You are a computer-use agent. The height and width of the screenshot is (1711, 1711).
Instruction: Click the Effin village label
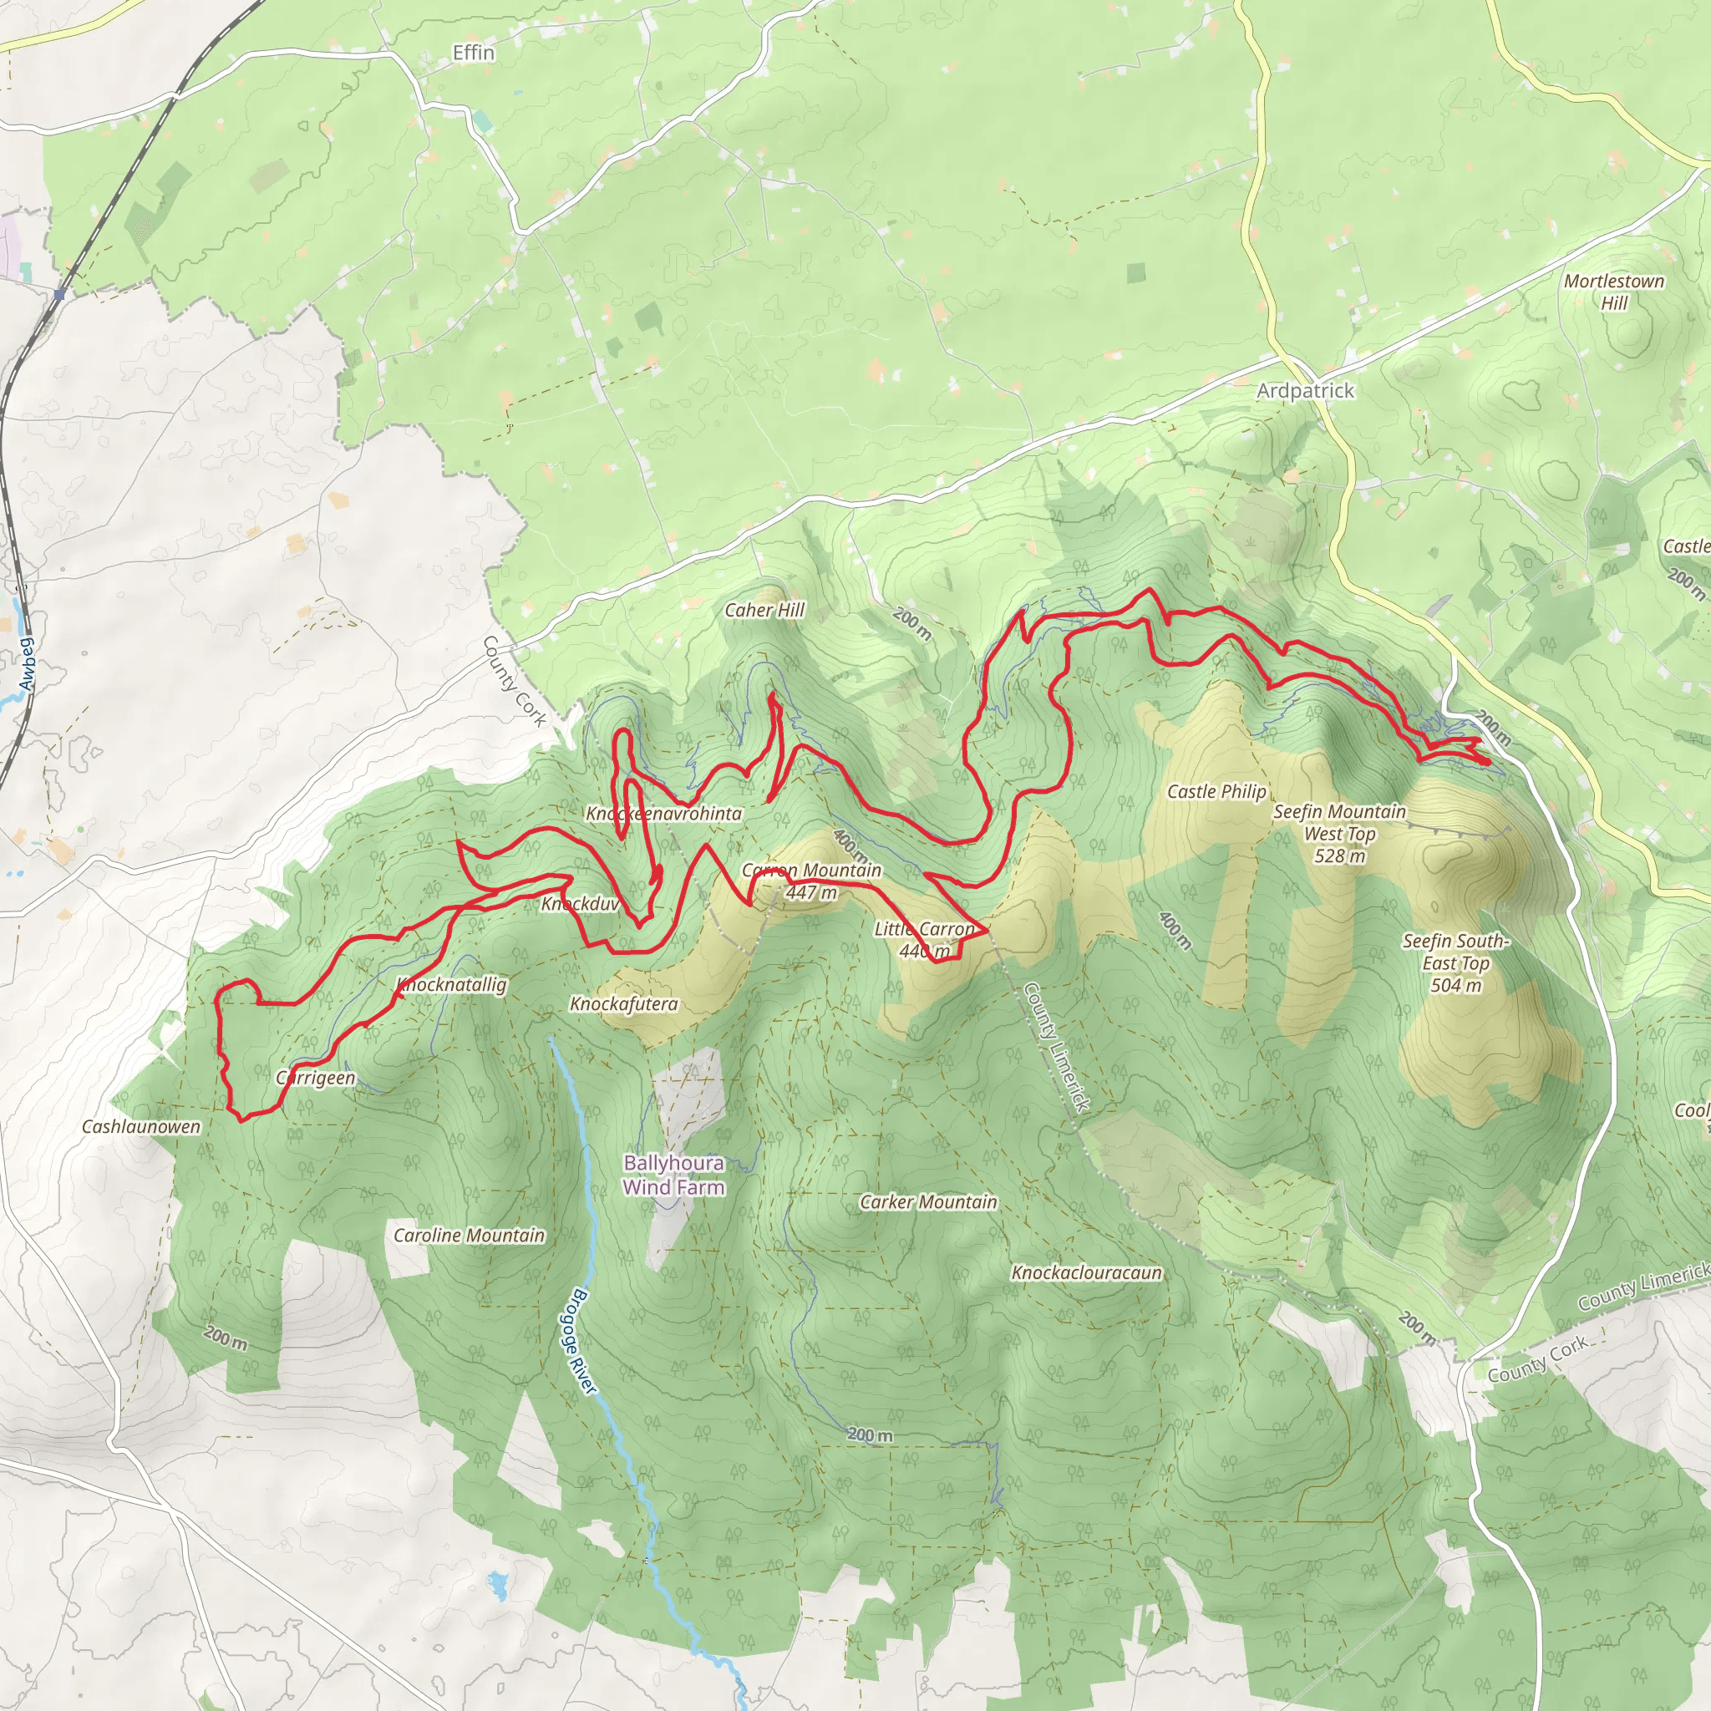click(x=473, y=53)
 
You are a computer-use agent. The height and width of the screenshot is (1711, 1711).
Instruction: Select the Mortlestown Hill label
click(x=1613, y=292)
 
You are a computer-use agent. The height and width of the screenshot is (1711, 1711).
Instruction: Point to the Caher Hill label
click(x=764, y=609)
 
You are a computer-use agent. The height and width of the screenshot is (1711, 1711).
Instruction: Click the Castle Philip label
click(x=1216, y=791)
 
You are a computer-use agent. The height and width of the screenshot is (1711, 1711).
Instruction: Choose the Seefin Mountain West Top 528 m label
click(x=1339, y=833)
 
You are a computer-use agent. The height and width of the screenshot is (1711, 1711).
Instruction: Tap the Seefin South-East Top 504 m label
click(x=1455, y=962)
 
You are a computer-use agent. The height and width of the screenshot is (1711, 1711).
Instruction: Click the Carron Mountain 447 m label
click(x=811, y=881)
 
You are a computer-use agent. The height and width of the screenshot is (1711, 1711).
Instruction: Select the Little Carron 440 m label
click(x=924, y=940)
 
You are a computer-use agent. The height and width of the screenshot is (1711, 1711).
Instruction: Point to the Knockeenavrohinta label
click(x=663, y=813)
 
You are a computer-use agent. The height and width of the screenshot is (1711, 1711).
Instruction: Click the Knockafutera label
click(x=623, y=1003)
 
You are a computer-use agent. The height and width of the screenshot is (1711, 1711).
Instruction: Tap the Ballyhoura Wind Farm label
click(x=673, y=1175)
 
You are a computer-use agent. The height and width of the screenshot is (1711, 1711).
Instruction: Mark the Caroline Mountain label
click(x=469, y=1235)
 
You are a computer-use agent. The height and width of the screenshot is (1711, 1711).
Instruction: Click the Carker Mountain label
click(x=928, y=1201)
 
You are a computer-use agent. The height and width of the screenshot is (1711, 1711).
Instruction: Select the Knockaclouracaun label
click(x=1087, y=1272)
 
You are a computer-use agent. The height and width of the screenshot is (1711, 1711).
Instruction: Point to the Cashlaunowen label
click(x=141, y=1126)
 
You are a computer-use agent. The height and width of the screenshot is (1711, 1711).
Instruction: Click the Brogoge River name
click(x=580, y=1342)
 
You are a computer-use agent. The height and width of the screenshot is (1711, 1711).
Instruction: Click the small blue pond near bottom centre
click(x=498, y=1580)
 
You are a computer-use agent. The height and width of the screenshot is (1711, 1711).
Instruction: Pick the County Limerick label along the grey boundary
click(x=1055, y=1046)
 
